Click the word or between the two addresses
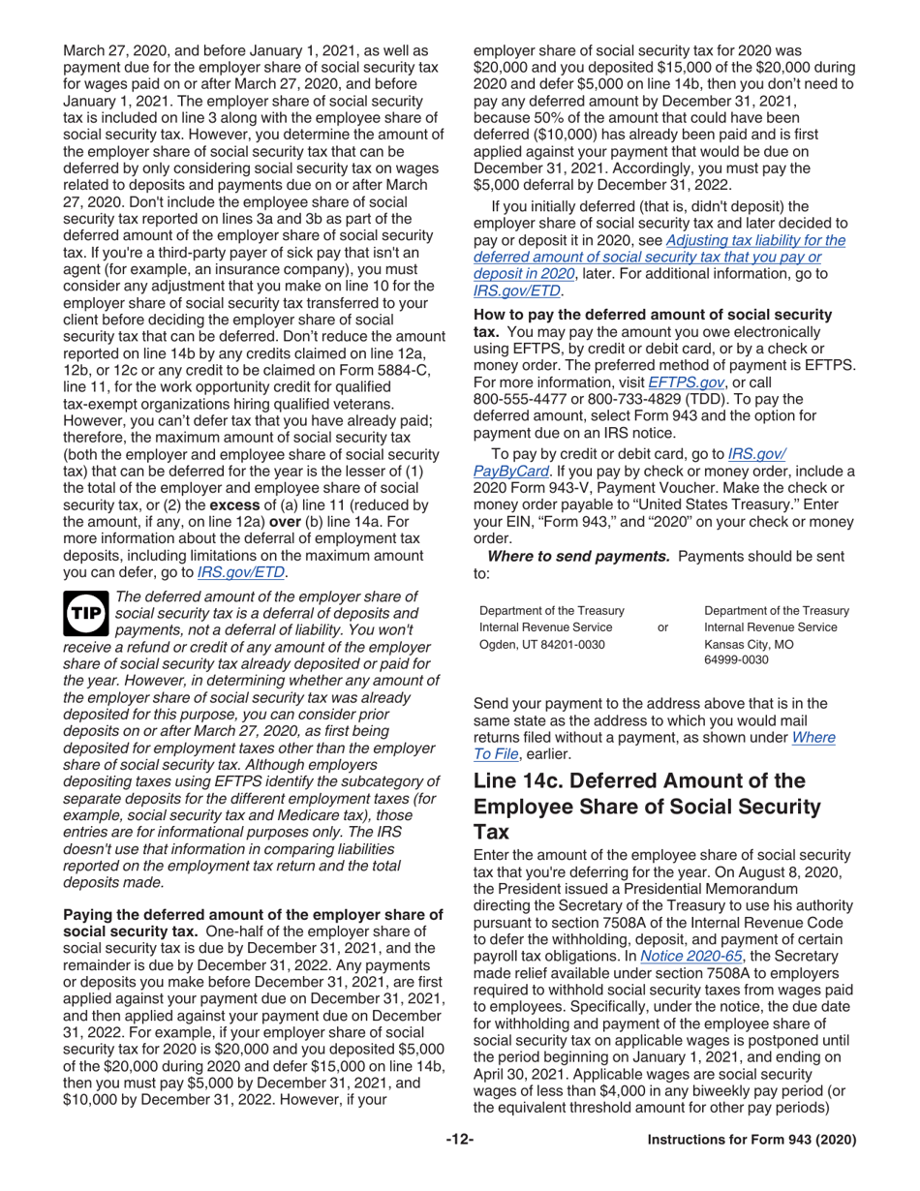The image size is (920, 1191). tap(662, 627)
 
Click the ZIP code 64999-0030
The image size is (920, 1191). tap(738, 659)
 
